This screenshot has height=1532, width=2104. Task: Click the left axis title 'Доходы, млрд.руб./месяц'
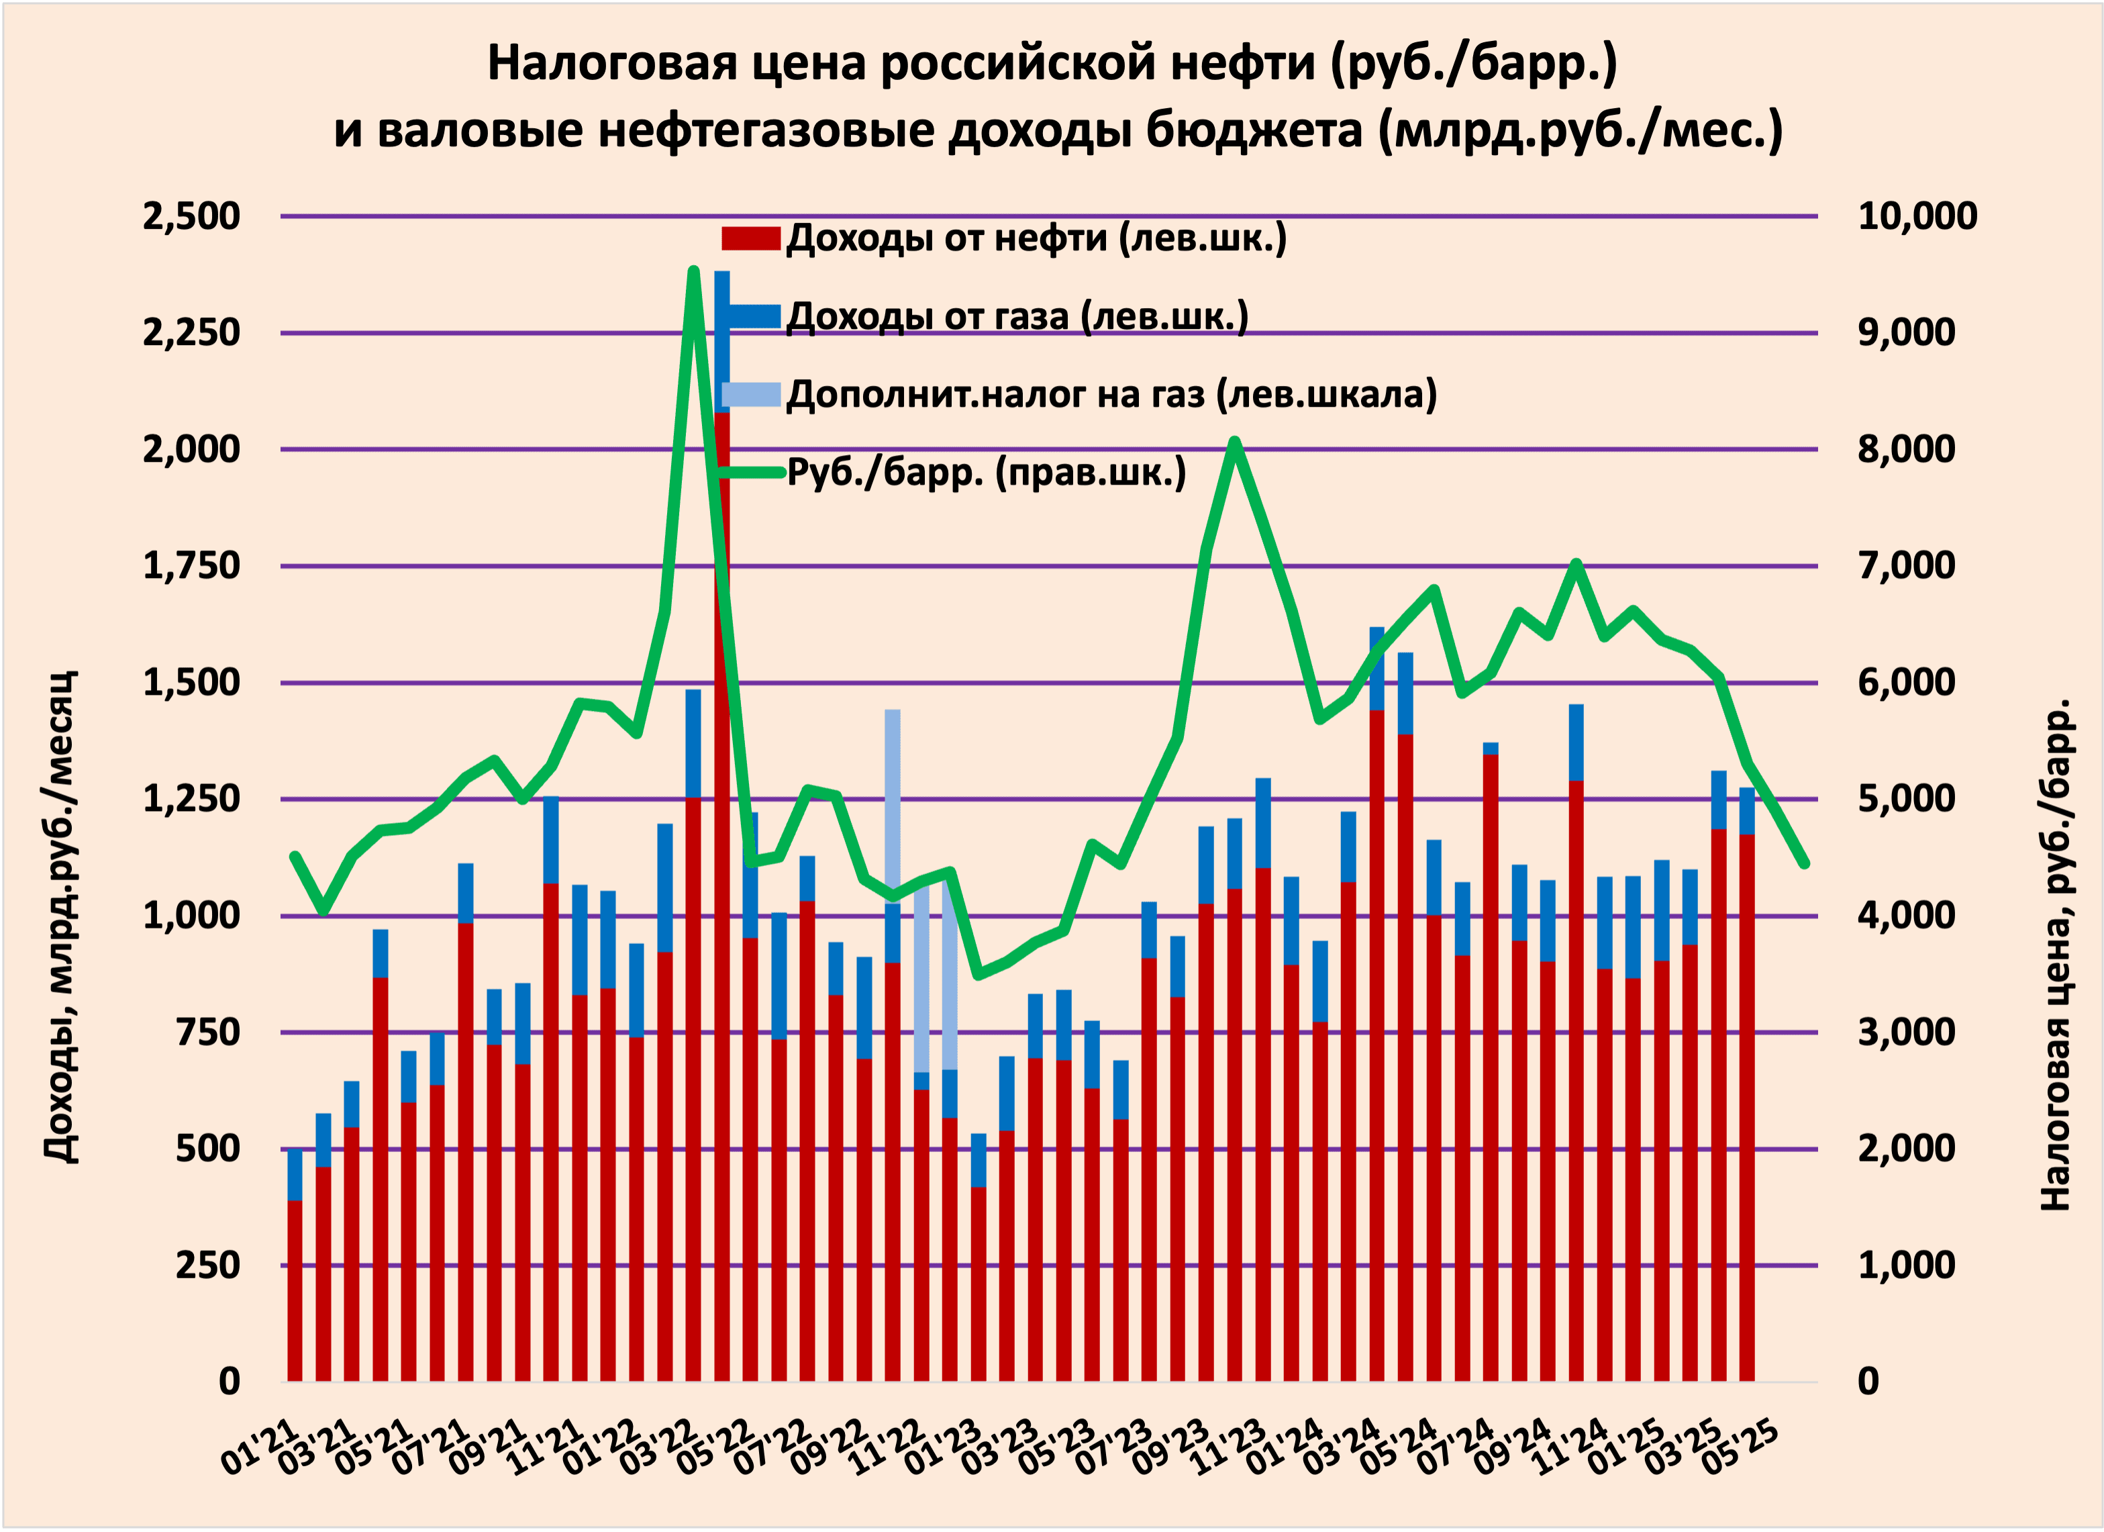(61, 917)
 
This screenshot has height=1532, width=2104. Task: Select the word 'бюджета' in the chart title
(1254, 131)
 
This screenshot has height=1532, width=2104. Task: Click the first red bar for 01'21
(295, 1290)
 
